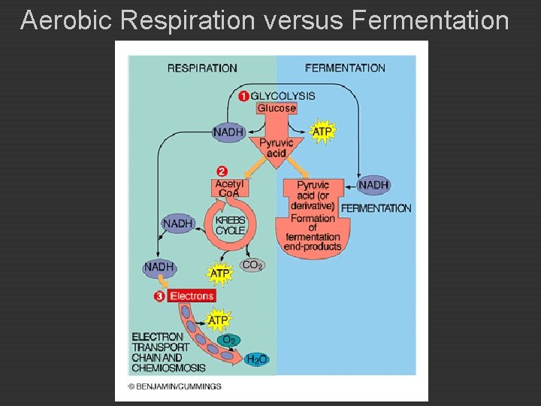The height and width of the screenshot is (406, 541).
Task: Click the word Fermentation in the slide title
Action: click(x=429, y=20)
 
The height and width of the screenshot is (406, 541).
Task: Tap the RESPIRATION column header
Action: click(x=202, y=68)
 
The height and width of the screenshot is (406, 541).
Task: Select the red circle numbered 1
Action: click(x=243, y=95)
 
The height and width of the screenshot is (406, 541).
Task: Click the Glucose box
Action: click(x=277, y=108)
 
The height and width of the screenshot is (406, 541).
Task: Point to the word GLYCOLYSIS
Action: click(x=283, y=95)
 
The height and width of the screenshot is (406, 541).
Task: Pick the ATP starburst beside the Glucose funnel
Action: click(x=322, y=132)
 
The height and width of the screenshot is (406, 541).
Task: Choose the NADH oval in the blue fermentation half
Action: click(x=373, y=184)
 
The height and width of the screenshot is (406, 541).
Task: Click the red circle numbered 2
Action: click(x=222, y=171)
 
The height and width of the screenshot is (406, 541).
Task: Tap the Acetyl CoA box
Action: click(x=229, y=188)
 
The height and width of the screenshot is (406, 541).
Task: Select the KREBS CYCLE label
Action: click(x=230, y=225)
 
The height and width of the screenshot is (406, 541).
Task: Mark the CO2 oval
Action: click(x=252, y=265)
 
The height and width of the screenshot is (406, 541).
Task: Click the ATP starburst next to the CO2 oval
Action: click(x=219, y=273)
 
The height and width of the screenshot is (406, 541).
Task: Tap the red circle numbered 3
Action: click(x=159, y=296)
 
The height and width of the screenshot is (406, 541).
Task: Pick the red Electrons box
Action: click(x=192, y=296)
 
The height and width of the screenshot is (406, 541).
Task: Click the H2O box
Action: click(x=256, y=359)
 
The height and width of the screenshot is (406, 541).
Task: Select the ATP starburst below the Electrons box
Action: click(x=218, y=320)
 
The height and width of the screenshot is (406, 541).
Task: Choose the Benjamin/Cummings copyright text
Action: click(x=174, y=386)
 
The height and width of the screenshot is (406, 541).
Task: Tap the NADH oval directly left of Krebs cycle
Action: click(x=178, y=223)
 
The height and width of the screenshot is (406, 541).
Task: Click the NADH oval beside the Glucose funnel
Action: click(x=228, y=132)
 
